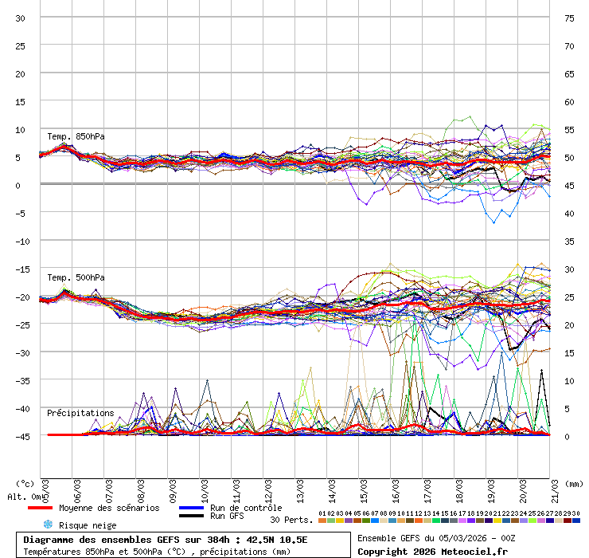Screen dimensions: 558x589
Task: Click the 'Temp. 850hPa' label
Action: coord(76,136)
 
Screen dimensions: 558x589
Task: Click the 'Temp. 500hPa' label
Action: coord(76,277)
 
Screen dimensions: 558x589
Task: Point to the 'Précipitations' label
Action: coord(80,413)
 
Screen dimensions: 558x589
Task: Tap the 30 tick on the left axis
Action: coord(21,18)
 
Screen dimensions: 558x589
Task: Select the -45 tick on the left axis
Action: coord(21,436)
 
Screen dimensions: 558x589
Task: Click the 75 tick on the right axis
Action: coord(569,18)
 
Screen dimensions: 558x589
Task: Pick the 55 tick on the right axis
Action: coord(569,129)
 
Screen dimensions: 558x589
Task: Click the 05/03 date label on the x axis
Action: coord(45,487)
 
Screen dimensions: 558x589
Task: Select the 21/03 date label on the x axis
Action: coord(555,487)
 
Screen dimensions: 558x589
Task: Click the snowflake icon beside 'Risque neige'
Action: coord(47,525)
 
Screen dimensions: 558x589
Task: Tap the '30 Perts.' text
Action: coord(291,520)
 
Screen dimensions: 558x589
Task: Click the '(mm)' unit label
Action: coord(574,483)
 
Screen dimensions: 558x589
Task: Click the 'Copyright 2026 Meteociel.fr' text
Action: coord(432,551)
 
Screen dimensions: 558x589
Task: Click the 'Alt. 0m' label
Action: coord(22,497)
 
